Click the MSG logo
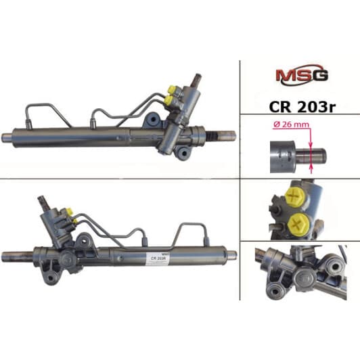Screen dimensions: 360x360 click(302, 75)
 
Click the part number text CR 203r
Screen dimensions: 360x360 click(302, 107)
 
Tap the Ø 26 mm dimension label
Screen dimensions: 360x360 click(292, 125)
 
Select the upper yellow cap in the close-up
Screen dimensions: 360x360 click(295, 197)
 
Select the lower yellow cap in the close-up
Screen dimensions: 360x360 click(298, 223)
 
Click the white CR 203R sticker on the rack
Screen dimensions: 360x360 click(157, 258)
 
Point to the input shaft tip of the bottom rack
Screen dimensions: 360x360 click(41, 198)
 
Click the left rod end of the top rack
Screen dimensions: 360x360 click(7, 137)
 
